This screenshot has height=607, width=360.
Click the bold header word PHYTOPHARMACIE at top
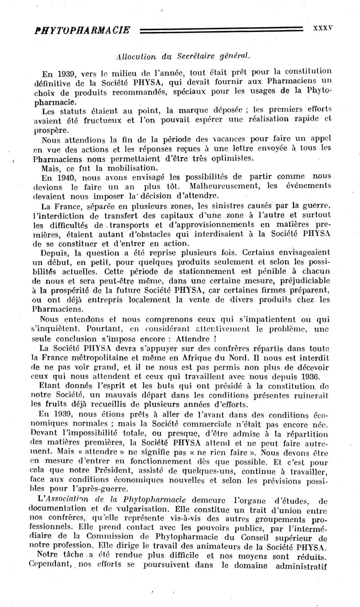coord(82,30)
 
